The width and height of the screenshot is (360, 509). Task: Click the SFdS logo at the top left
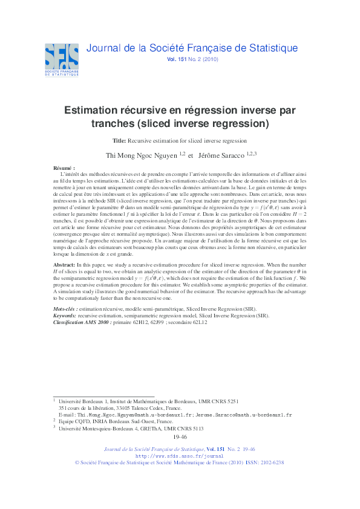pos(61,59)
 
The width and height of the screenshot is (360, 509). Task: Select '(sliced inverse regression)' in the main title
pos(213,123)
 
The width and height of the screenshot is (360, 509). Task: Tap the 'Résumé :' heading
pos(64,167)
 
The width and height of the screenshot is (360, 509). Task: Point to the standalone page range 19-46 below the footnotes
pos(180,436)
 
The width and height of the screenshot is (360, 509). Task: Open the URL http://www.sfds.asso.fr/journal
pos(180,456)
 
